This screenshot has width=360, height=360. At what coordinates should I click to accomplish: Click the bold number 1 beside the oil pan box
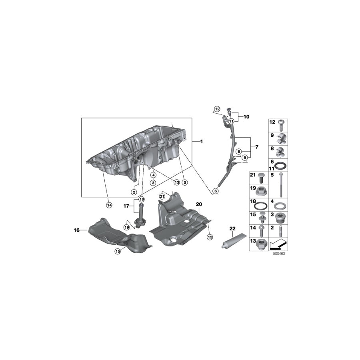[x=202, y=142]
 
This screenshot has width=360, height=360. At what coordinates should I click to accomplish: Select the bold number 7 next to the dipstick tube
[x=256, y=147]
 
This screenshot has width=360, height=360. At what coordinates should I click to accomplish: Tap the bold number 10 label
[x=246, y=117]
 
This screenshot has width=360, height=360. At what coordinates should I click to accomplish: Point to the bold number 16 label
[x=77, y=230]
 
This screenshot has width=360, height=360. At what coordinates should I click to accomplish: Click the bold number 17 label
[x=126, y=206]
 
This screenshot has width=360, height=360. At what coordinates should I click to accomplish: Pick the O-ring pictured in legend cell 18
[x=260, y=206]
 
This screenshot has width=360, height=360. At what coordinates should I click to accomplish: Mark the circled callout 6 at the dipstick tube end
[x=216, y=191]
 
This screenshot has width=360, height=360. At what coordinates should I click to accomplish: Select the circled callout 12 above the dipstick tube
[x=217, y=109]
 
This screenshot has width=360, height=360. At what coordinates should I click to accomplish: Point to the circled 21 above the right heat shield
[x=162, y=196]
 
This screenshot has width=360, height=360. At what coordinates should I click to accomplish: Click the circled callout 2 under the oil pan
[x=134, y=192]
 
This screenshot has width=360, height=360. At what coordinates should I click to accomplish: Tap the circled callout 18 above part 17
[x=141, y=199]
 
